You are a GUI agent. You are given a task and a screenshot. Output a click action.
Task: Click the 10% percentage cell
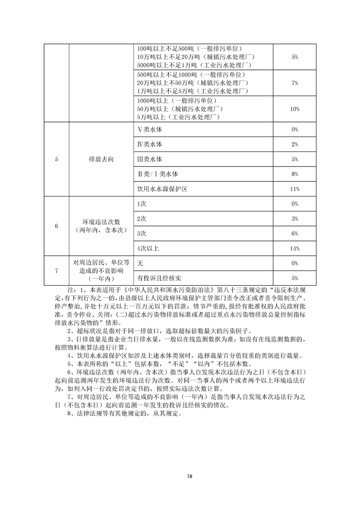(295, 109)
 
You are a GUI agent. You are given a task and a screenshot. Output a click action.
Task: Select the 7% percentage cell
(295, 83)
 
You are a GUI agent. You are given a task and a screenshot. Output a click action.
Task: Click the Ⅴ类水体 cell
(150, 130)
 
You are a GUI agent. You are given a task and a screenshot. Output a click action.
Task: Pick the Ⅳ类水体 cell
(150, 145)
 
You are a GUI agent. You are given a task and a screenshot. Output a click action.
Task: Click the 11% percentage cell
(295, 189)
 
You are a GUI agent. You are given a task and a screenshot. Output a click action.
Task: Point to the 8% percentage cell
(295, 174)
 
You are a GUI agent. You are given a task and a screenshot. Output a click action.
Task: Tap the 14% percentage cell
(295, 248)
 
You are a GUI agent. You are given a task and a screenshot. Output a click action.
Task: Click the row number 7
(56, 270)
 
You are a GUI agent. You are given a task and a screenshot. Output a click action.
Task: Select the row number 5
(56, 160)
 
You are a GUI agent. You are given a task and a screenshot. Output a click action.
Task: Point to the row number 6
(56, 226)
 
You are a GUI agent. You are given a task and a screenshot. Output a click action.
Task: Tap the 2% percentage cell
(295, 145)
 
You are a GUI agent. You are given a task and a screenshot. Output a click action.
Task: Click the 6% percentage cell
(295, 234)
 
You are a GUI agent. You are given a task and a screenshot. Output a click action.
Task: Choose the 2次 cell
(141, 219)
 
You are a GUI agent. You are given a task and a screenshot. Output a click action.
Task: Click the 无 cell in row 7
(140, 263)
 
